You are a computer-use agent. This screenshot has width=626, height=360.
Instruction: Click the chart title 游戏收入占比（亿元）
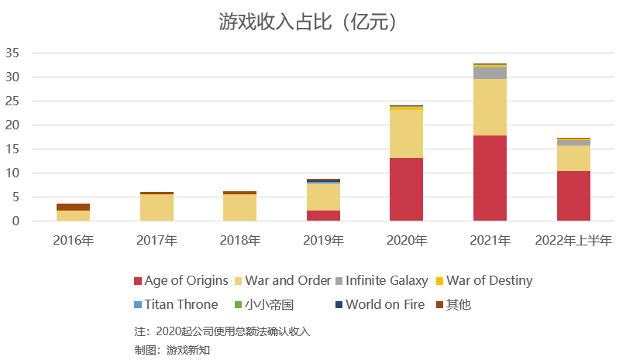[312, 22]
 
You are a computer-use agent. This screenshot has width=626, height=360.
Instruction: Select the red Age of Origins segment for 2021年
[490, 178]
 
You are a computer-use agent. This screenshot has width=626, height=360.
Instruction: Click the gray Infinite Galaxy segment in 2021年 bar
[490, 73]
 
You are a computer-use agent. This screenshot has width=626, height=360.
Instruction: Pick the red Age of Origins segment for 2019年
[323, 215]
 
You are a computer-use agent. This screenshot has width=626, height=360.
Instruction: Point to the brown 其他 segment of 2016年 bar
[73, 207]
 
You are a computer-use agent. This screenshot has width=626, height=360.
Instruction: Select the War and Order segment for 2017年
[156, 207]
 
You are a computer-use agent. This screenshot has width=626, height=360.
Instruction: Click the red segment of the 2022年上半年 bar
[573, 196]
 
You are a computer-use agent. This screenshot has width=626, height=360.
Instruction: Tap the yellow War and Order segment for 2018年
[239, 207]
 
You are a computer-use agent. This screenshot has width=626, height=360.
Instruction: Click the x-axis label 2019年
[323, 241]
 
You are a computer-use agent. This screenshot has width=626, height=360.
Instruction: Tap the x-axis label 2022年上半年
[573, 241]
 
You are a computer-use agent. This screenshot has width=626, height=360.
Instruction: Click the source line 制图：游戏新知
[172, 350]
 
